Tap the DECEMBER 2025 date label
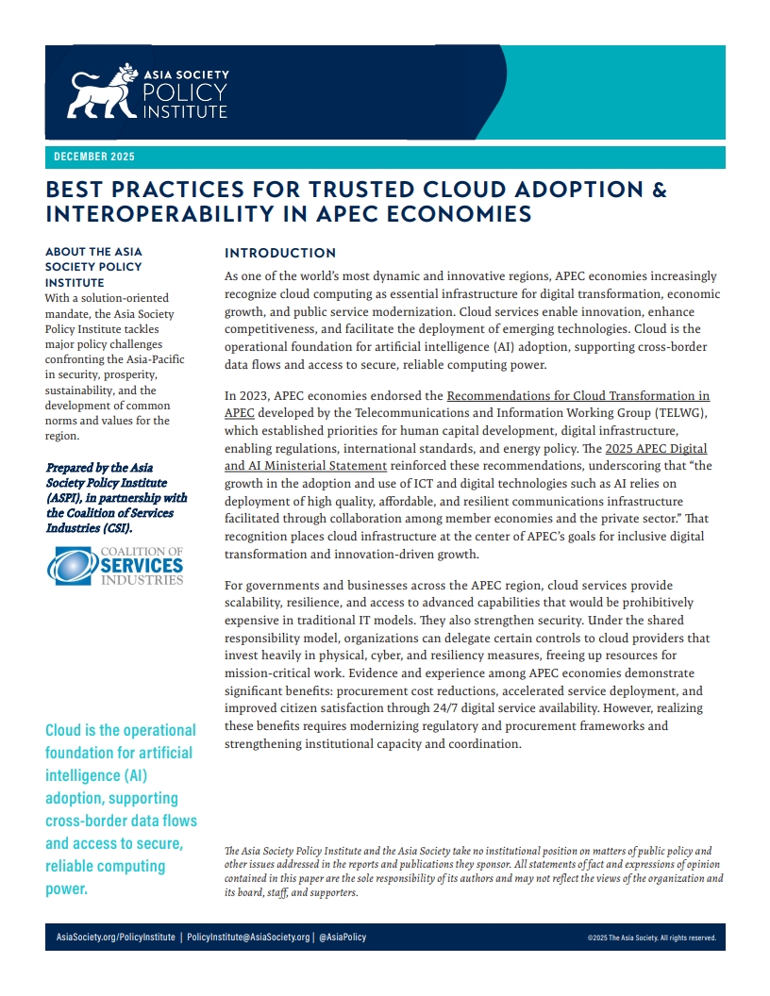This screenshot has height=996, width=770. pos(94,157)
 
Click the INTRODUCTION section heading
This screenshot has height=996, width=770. pos(280,253)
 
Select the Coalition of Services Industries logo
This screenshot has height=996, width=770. pos(114,566)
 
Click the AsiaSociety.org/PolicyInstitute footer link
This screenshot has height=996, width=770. pos(116,938)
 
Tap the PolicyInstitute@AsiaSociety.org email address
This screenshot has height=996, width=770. pos(248,938)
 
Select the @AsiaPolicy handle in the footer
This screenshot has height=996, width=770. pos(342,938)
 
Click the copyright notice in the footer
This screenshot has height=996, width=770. pos(651,938)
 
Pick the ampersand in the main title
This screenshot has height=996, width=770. pos(659,190)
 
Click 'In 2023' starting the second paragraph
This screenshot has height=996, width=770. pos(247,395)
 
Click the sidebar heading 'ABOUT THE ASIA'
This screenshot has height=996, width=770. pos(93,252)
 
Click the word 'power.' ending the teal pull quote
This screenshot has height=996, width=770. pos(66,888)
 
